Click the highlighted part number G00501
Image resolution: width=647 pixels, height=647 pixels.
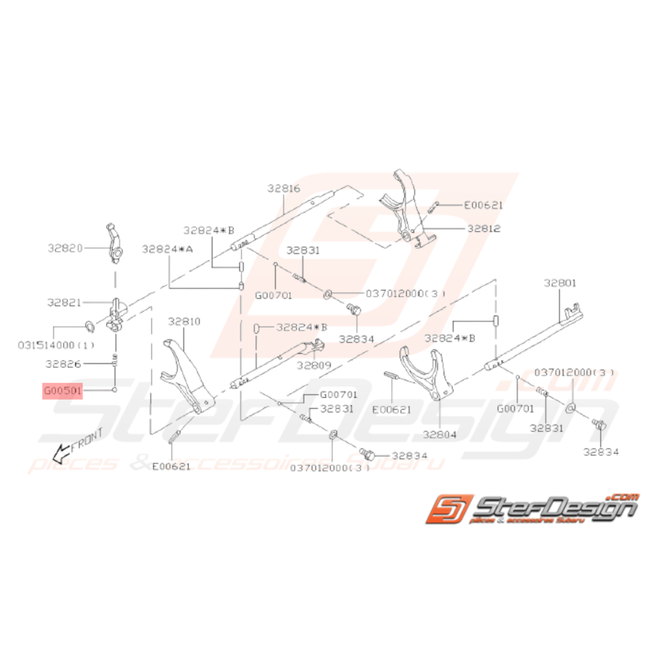click(x=63, y=391)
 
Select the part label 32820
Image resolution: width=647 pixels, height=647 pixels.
click(x=65, y=247)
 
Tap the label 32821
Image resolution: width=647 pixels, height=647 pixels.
click(x=65, y=303)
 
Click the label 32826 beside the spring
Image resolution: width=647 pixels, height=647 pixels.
click(x=65, y=363)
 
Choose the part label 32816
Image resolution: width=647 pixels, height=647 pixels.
click(x=284, y=188)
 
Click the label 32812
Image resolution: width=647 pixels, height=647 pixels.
click(x=484, y=228)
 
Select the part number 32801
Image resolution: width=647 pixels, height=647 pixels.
click(x=561, y=283)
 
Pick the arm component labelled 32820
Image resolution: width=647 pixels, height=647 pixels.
click(x=115, y=240)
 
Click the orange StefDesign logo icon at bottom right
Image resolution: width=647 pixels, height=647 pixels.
click(x=450, y=510)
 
